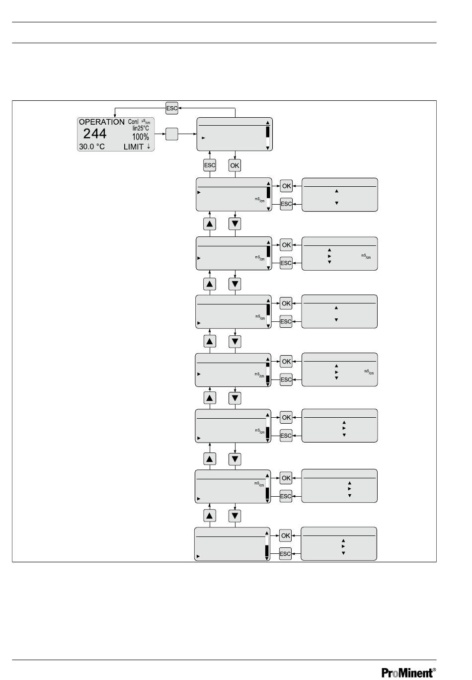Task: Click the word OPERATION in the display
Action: [x=102, y=122]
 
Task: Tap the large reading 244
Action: [x=94, y=134]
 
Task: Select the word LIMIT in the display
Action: [x=134, y=147]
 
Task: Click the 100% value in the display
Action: [x=141, y=137]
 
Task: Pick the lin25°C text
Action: [x=141, y=128]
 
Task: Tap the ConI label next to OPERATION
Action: [x=133, y=122]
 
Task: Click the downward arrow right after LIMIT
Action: [x=149, y=147]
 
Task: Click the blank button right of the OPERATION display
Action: [x=171, y=134]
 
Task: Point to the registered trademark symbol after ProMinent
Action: [x=434, y=669]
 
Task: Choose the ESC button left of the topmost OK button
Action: [x=210, y=165]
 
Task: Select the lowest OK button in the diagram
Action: [x=285, y=536]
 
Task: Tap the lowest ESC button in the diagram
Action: [x=285, y=554]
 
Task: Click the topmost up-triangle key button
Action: [x=210, y=224]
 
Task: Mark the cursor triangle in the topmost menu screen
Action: [x=203, y=138]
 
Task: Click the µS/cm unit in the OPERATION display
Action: [x=145, y=121]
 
